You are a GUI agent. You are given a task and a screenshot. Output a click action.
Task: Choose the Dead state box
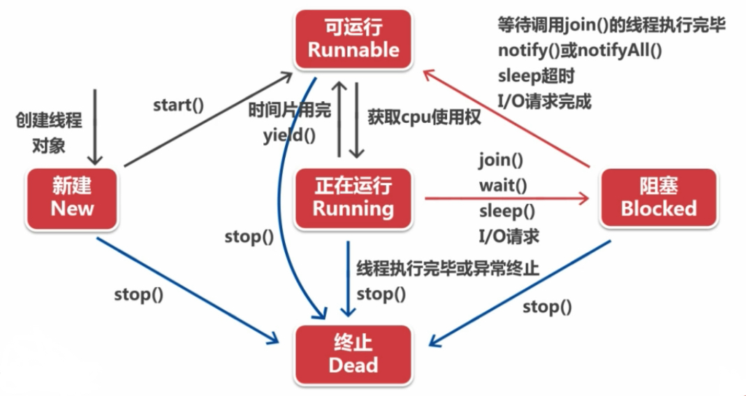[x=353, y=354]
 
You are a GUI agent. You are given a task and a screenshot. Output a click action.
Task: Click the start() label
[x=178, y=105]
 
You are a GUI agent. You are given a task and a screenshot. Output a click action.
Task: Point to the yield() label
[x=288, y=135]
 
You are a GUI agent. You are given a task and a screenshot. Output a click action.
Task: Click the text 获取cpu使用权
[x=424, y=117]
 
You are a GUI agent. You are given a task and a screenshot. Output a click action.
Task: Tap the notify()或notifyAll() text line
[x=579, y=50]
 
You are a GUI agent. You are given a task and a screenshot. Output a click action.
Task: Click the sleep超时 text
[x=536, y=75]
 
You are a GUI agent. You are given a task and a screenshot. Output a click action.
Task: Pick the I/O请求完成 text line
[x=545, y=101]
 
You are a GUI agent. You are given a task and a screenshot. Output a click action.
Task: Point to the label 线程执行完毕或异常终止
[x=448, y=269]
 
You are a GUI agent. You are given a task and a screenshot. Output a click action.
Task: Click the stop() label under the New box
[x=138, y=294]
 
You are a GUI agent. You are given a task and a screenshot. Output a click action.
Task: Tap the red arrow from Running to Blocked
[x=506, y=198]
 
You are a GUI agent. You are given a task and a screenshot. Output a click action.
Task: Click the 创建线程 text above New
[x=49, y=120]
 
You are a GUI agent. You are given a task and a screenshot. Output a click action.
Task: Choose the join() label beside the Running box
[x=501, y=160]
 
